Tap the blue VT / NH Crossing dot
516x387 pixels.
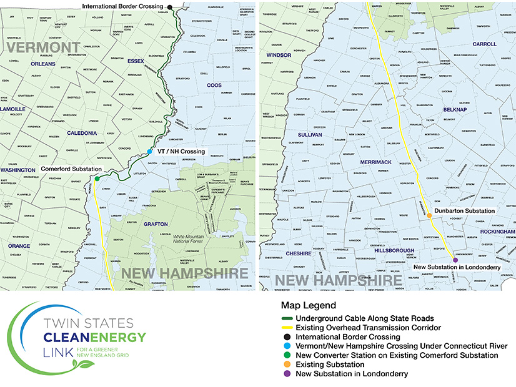(150, 152)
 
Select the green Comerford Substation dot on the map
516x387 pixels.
(97, 179)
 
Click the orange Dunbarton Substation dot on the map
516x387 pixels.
(430, 217)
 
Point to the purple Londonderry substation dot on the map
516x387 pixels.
(455, 260)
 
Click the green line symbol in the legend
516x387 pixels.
(285, 318)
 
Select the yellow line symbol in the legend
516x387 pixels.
(285, 327)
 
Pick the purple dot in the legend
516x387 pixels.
(285, 374)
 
